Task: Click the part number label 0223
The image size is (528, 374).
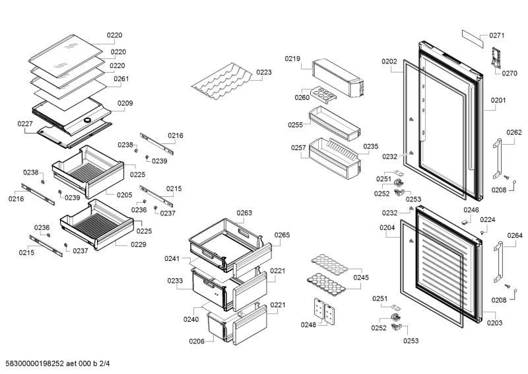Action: (x=264, y=73)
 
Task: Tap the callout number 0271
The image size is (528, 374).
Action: (x=496, y=35)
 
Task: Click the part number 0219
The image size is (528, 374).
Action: (x=292, y=59)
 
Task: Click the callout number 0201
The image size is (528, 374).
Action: (x=498, y=101)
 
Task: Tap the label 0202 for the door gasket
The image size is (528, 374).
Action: (x=389, y=61)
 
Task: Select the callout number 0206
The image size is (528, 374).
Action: (x=196, y=341)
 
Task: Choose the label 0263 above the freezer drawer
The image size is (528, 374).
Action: (x=244, y=213)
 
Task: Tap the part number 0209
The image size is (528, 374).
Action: (x=125, y=103)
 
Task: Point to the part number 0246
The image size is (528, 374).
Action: (x=471, y=210)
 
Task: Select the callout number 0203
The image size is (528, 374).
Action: (x=494, y=322)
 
